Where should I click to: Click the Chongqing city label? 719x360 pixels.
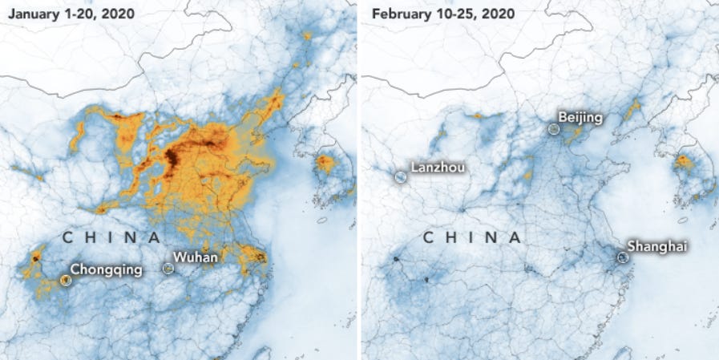coord(107,269)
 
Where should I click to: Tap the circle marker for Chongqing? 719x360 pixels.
coord(66,280)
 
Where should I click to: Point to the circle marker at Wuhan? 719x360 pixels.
coord(168,269)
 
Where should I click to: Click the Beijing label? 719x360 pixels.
coord(580,118)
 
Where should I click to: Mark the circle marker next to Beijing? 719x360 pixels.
coord(554,128)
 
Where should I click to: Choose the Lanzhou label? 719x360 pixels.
coord(438,168)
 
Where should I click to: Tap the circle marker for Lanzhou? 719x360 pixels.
coord(401,176)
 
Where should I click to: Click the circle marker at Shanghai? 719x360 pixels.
coord(623,257)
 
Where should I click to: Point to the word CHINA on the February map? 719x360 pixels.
coord(471,237)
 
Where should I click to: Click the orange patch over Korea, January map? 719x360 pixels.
coord(325,164)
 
